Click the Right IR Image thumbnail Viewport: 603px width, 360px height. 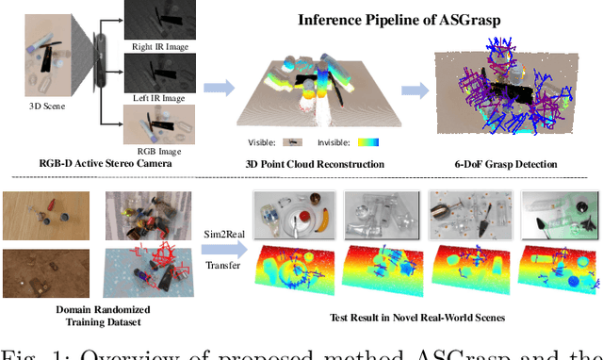159,24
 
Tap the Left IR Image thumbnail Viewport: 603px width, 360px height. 159,73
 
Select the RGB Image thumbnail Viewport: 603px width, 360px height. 159,124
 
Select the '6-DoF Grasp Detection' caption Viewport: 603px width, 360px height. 503,164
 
